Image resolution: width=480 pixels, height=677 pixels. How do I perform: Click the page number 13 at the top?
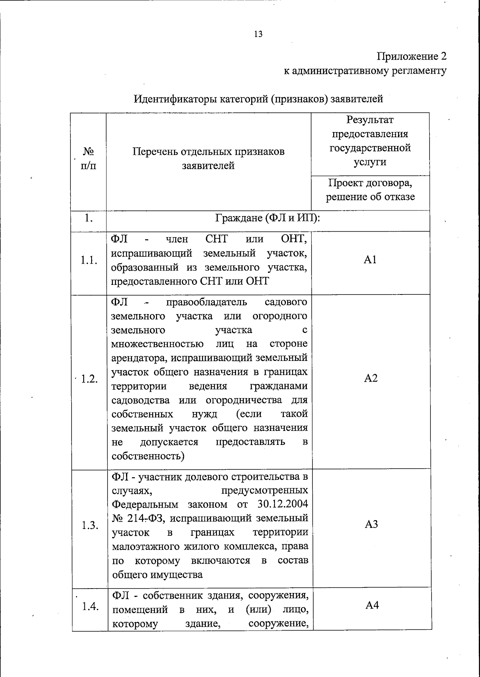(258, 34)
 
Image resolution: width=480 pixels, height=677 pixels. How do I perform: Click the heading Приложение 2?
(412, 56)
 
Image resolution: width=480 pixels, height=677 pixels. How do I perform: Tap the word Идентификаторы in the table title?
(176, 99)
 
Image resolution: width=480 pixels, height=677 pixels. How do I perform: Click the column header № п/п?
(88, 158)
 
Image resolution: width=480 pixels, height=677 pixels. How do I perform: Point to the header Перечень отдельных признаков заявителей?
(208, 158)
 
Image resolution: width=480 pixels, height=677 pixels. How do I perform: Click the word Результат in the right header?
(370, 120)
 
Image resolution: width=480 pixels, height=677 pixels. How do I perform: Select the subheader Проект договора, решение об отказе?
(370, 190)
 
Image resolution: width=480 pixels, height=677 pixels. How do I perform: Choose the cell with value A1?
(370, 260)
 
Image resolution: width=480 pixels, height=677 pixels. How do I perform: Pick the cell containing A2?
(371, 378)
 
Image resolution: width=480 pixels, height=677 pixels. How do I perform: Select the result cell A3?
(371, 525)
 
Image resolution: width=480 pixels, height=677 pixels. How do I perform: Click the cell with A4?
(372, 605)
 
